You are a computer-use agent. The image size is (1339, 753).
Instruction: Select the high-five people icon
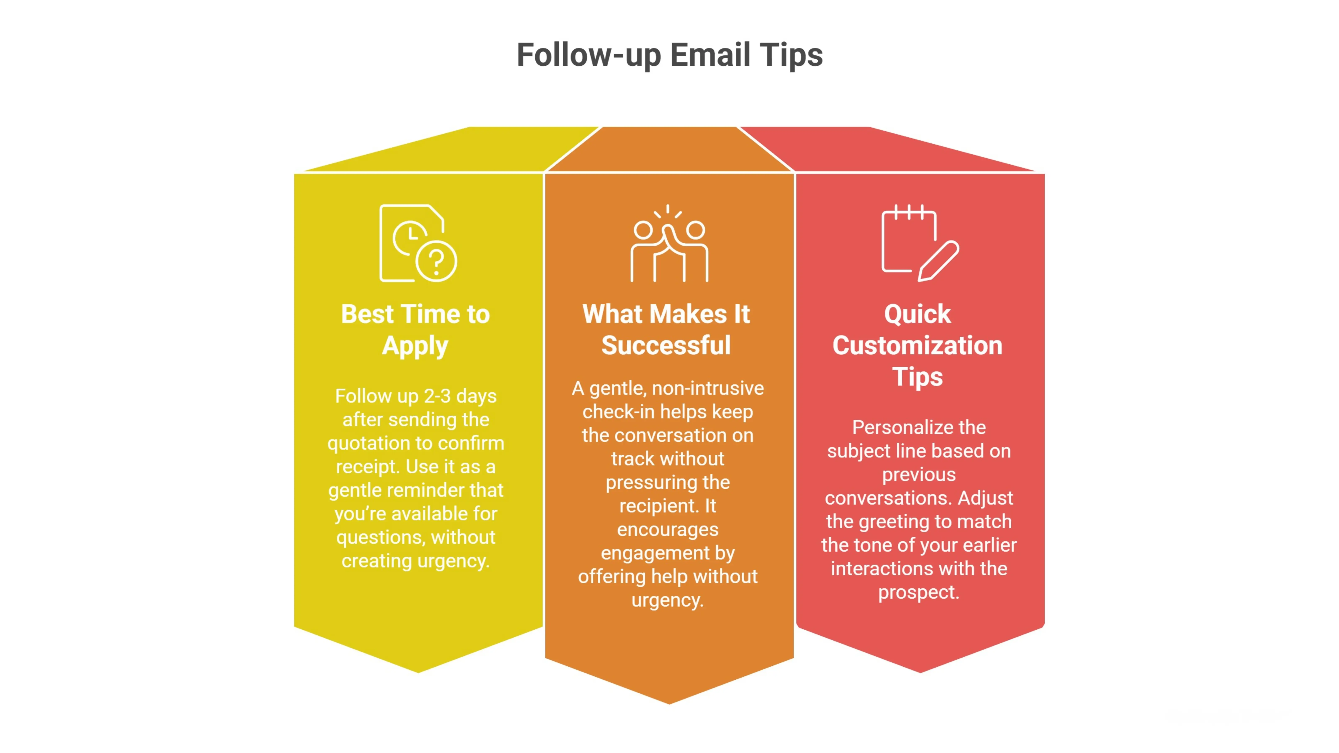tap(669, 243)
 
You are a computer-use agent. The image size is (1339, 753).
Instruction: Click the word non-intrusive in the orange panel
tap(708, 388)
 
